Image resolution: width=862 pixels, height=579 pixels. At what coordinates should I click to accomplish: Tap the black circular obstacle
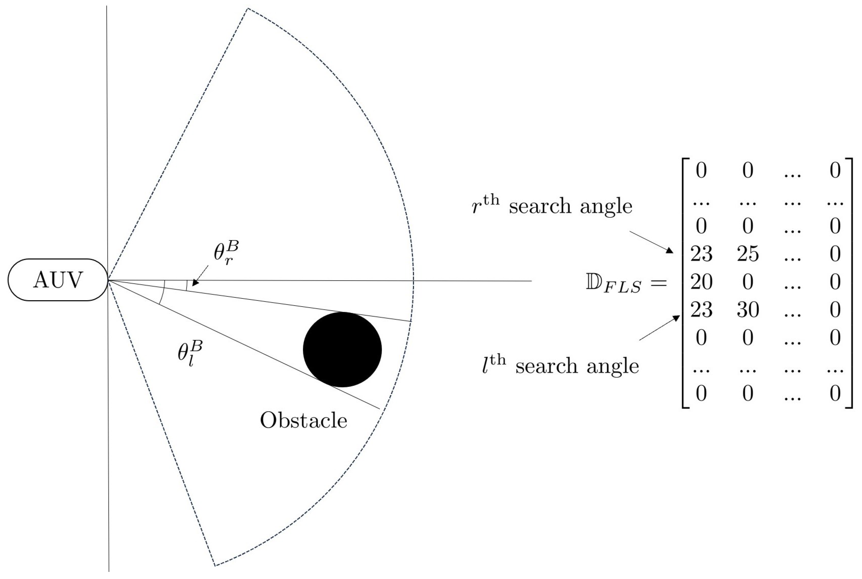coord(342,350)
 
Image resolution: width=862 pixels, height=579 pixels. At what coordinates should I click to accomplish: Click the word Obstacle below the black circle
coord(303,420)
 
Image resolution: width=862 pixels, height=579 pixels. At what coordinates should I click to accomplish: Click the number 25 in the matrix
coord(748,254)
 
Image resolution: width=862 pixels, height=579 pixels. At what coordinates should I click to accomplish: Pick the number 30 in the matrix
coord(748,309)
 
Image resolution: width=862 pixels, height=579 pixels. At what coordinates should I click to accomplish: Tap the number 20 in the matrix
coord(701,282)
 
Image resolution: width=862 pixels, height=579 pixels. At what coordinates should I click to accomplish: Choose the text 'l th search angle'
coord(560,365)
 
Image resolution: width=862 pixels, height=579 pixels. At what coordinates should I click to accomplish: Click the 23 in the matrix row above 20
coord(701,254)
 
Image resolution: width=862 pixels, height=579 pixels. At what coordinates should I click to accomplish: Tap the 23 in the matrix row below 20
coord(701,309)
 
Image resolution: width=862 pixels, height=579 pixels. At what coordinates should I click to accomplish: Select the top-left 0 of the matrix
coord(701,171)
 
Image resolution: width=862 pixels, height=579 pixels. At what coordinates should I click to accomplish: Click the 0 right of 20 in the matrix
coord(748,282)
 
